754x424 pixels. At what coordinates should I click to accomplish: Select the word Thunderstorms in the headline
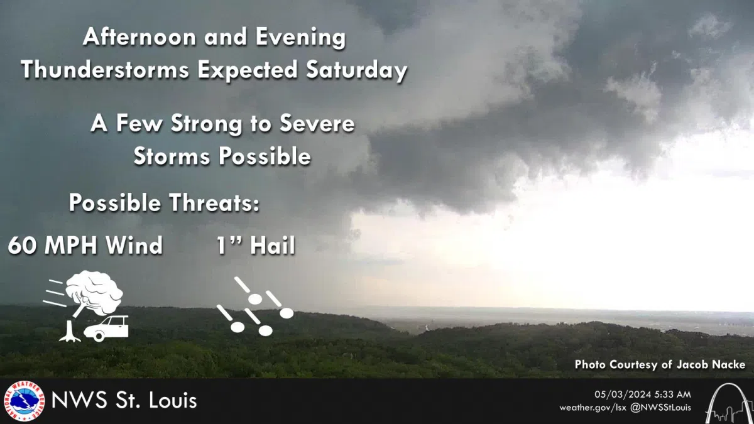[106, 70]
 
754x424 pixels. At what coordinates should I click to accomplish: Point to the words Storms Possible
[222, 156]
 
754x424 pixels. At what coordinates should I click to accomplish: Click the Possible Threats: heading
[164, 204]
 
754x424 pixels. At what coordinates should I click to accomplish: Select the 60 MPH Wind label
[85, 246]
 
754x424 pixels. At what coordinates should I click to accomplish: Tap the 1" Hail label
[255, 246]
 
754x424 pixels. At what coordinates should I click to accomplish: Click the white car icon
[110, 328]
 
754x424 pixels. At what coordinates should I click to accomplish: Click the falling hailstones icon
[254, 307]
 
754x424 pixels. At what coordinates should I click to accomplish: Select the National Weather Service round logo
[25, 401]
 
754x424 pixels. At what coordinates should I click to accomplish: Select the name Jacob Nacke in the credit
[713, 365]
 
